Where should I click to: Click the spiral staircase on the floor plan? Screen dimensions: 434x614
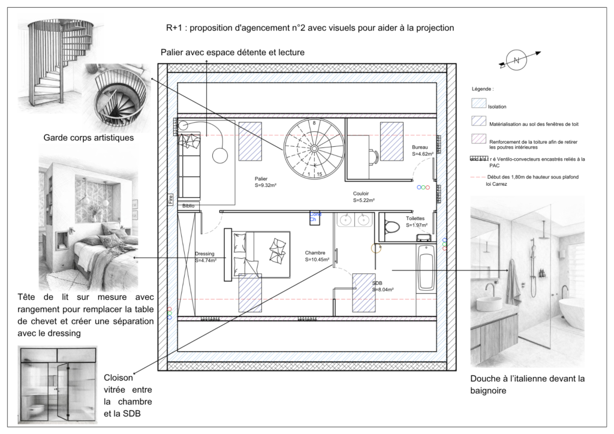coord(314,147)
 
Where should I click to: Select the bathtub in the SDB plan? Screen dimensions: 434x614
coord(426,277)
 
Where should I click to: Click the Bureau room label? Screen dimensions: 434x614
coord(420,147)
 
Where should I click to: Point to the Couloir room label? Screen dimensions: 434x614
coord(361,194)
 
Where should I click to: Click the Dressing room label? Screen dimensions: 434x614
coord(204,254)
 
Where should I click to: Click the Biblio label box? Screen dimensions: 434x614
coord(188,206)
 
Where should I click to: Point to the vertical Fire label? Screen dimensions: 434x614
coord(170,199)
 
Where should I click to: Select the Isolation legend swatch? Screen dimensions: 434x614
coord(479,105)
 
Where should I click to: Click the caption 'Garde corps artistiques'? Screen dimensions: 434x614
coord(88,138)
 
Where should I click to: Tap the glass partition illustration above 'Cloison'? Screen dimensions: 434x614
coord(56,384)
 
